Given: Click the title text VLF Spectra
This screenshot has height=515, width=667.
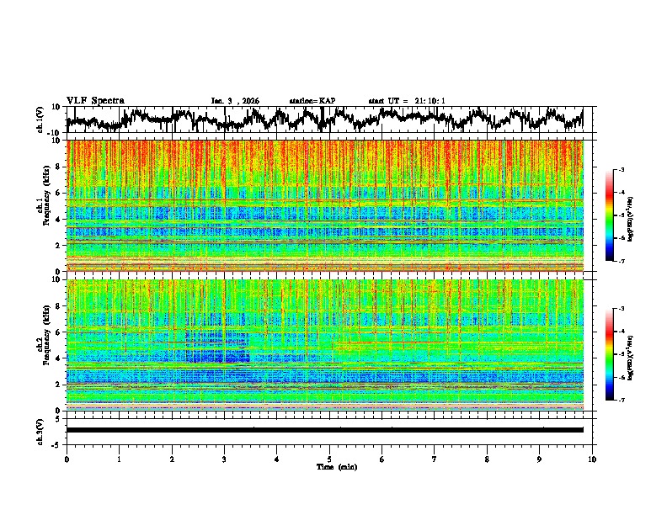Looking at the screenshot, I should (x=95, y=101).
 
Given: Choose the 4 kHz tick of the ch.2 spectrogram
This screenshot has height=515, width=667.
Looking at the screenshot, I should (x=60, y=358).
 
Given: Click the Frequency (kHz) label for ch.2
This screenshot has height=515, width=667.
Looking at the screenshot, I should (x=47, y=344).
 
